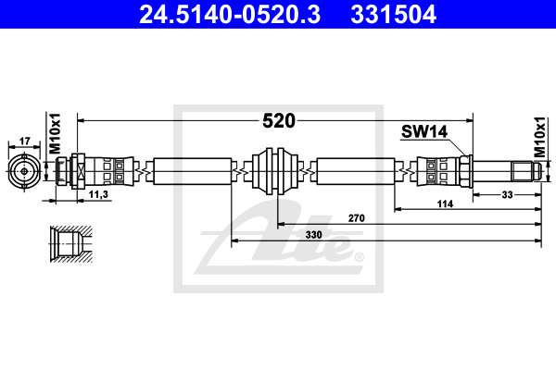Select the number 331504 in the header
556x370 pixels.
coord(391,16)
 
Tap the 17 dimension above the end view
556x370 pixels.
coord(25,141)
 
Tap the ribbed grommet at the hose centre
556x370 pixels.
coord(277,171)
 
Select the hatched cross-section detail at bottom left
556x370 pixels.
coord(70,243)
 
